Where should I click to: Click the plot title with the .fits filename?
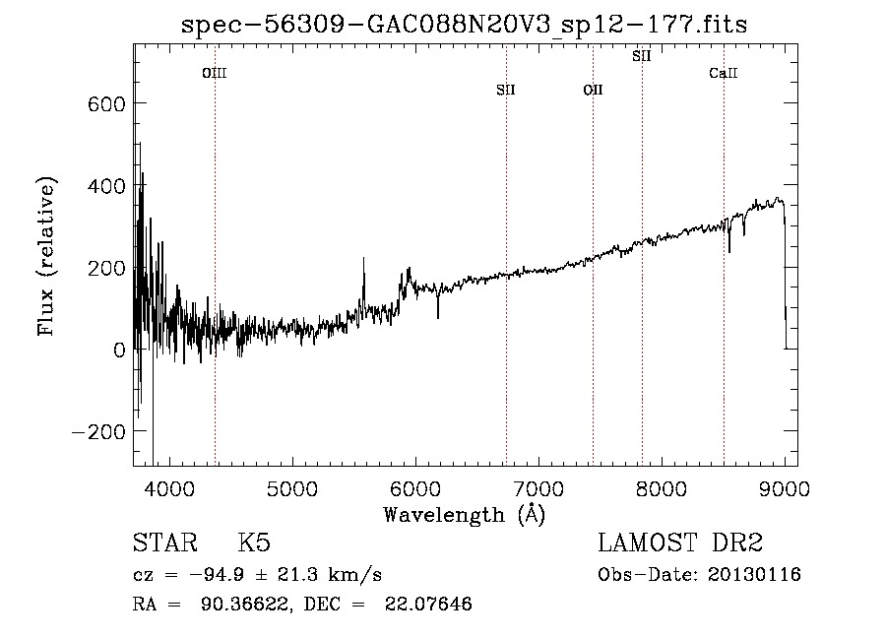(465, 25)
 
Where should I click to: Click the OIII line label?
(214, 73)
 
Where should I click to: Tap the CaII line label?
(724, 73)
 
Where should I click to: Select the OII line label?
(593, 91)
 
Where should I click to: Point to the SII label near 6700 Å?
(506, 91)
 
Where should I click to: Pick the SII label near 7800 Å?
(642, 56)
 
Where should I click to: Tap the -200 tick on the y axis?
(100, 432)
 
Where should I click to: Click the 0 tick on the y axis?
(118, 350)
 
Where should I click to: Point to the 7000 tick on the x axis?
(538, 487)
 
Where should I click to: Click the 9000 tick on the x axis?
(785, 487)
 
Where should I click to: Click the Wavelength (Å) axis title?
(465, 514)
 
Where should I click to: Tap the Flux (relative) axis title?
(47, 256)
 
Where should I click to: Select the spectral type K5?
(254, 543)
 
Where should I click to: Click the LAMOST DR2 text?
(680, 543)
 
